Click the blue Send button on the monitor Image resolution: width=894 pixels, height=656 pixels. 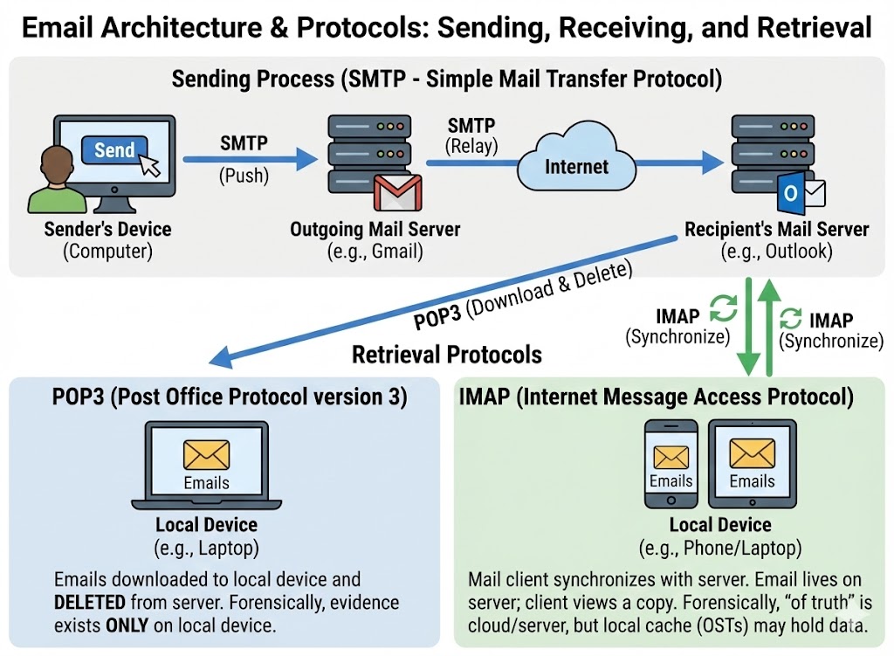[x=114, y=149]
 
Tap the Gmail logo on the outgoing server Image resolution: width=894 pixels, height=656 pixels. [x=397, y=193]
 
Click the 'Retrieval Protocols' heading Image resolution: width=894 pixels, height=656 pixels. [x=446, y=355]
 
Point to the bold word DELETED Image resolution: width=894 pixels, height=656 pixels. [x=91, y=603]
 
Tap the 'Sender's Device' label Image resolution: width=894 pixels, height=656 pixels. [x=107, y=231]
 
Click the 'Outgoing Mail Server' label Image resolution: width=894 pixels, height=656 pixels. [x=375, y=231]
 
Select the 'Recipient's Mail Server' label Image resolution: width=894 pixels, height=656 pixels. [x=776, y=231]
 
